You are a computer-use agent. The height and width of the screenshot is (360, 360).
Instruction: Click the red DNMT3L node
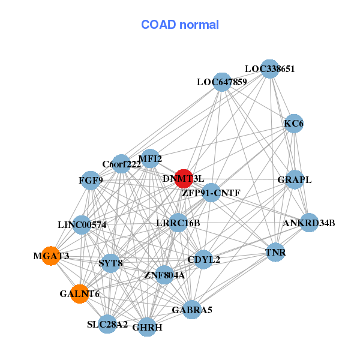184,178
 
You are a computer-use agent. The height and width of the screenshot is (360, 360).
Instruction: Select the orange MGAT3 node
51,256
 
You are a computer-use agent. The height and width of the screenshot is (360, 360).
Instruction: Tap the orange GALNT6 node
80,294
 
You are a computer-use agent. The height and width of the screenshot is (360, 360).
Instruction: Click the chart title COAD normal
180,25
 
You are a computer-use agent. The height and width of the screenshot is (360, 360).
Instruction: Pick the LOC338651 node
269,69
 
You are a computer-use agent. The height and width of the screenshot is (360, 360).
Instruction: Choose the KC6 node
294,124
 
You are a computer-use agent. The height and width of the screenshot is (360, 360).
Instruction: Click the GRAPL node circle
294,179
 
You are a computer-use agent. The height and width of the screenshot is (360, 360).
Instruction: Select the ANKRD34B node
309,223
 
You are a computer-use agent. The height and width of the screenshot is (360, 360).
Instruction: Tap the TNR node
275,253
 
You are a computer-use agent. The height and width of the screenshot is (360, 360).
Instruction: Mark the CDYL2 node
203,260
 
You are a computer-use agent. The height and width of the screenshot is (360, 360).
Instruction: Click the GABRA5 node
192,310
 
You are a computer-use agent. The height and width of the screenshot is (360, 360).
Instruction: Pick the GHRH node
147,327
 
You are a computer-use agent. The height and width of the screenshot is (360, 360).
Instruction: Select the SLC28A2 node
107,324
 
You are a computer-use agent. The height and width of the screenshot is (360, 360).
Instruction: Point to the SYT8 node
110,263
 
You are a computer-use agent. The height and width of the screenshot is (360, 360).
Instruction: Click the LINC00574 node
82,225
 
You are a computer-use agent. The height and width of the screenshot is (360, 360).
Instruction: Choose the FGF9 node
91,180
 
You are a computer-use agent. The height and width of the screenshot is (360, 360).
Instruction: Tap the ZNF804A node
164,275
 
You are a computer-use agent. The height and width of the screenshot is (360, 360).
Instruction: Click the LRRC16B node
178,223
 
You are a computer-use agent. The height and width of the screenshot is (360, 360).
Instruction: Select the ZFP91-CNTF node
211,193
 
